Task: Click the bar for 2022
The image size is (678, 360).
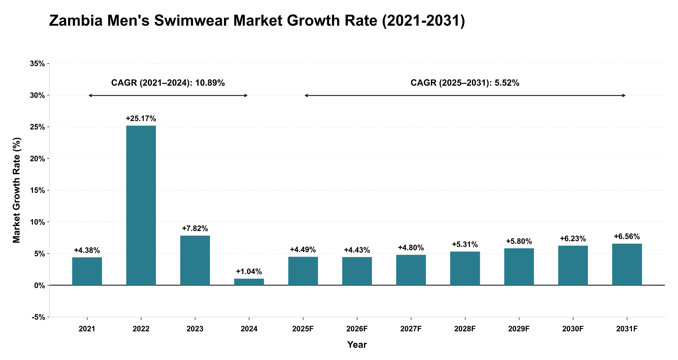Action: pos(141,205)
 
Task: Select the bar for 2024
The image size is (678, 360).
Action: pos(249,282)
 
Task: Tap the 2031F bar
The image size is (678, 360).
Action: pos(627,264)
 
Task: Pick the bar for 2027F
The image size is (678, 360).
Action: pos(411,270)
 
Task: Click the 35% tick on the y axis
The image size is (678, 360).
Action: pos(37,64)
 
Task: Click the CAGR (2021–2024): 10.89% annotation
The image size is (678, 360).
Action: pos(168,83)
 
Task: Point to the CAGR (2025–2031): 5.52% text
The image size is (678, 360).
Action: pos(465,83)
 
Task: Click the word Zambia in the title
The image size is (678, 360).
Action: pos(76,20)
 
